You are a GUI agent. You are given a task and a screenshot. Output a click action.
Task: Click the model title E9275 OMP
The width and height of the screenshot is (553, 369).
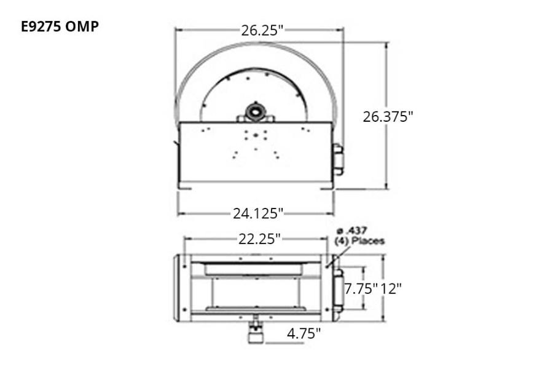60,26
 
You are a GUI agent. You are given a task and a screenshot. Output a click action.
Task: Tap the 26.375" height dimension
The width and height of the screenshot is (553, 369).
386,116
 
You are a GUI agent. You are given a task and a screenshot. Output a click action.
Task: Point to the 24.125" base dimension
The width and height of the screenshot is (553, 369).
257,213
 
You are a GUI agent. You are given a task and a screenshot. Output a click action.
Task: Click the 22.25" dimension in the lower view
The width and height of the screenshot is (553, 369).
259,239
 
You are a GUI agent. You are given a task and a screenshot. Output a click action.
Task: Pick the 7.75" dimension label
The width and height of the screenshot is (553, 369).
360,288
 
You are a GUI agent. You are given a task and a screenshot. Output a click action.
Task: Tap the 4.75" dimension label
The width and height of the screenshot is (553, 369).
304,333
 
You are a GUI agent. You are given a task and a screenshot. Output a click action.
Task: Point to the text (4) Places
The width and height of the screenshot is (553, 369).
359,241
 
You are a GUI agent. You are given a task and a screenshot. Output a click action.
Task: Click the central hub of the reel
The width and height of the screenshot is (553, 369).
254,113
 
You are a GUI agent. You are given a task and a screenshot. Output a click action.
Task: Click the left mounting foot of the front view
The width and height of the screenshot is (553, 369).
185,187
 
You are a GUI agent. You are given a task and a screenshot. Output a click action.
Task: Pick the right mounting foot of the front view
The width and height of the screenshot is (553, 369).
326,187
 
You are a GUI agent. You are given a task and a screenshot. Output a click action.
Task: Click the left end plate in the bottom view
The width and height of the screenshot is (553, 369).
182,288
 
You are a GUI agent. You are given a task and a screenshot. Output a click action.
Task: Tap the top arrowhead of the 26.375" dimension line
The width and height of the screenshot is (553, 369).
386,45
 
